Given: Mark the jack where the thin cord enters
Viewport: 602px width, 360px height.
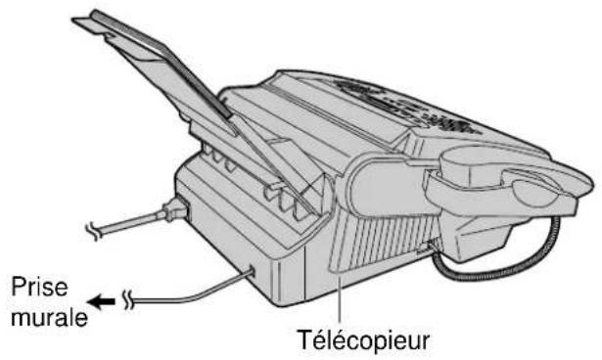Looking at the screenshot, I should click(x=254, y=269).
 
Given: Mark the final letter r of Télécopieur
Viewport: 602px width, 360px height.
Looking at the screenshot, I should click(x=444, y=342).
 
